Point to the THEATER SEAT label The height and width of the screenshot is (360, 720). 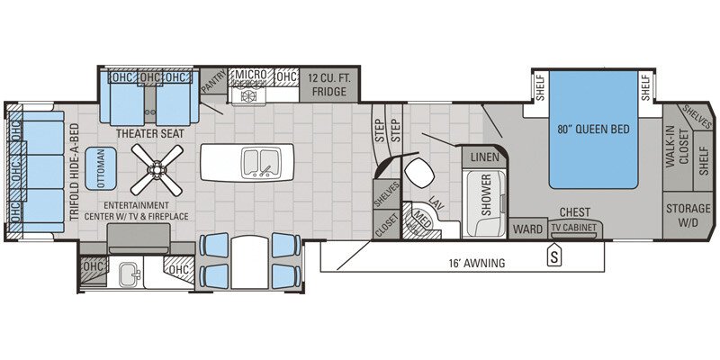tap(150, 132)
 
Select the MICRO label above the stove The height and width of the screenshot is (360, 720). tap(249, 76)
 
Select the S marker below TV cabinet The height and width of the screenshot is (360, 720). tap(554, 255)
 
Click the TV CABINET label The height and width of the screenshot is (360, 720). tap(574, 229)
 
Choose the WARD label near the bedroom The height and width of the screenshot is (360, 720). tap(527, 229)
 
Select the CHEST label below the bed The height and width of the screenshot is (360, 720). tap(574, 212)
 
